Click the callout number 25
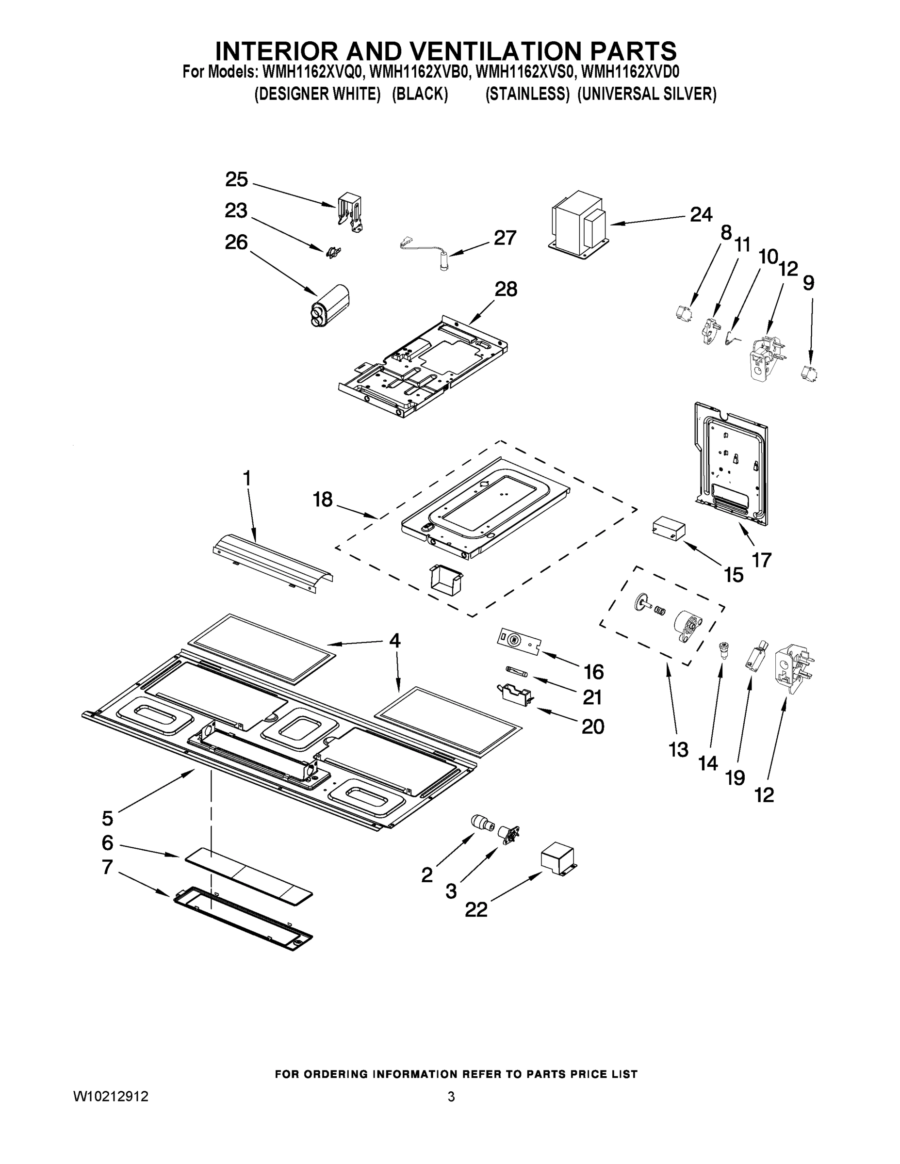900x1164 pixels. click(x=236, y=179)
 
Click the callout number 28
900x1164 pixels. click(x=506, y=290)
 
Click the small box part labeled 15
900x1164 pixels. click(x=669, y=528)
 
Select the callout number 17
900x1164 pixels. click(x=761, y=560)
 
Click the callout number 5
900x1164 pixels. click(x=108, y=818)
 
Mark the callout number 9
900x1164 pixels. click(x=808, y=283)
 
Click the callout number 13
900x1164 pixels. click(x=678, y=750)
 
